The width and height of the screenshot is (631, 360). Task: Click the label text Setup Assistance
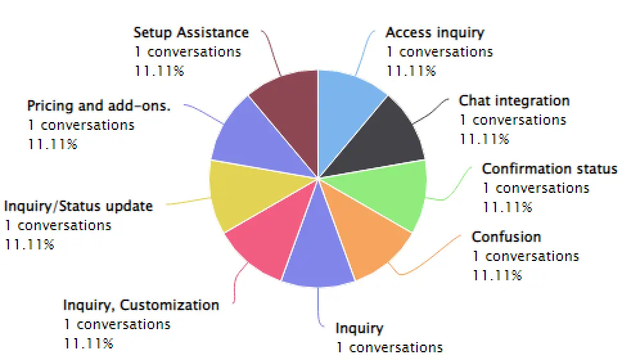(x=191, y=33)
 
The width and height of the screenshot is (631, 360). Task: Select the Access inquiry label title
(x=435, y=33)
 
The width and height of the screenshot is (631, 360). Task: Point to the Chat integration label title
(x=514, y=101)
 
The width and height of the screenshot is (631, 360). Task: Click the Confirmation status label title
(x=549, y=168)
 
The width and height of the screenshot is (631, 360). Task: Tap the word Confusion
(x=506, y=237)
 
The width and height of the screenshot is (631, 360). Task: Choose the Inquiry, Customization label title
(x=141, y=305)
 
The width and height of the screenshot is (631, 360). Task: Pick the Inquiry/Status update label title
(x=78, y=206)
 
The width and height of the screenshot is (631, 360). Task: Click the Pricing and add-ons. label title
(x=98, y=106)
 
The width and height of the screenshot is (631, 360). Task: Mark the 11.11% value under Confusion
(x=497, y=275)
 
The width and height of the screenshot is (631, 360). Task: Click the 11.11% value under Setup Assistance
(x=159, y=71)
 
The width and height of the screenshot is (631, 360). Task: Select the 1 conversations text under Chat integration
(x=513, y=120)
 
